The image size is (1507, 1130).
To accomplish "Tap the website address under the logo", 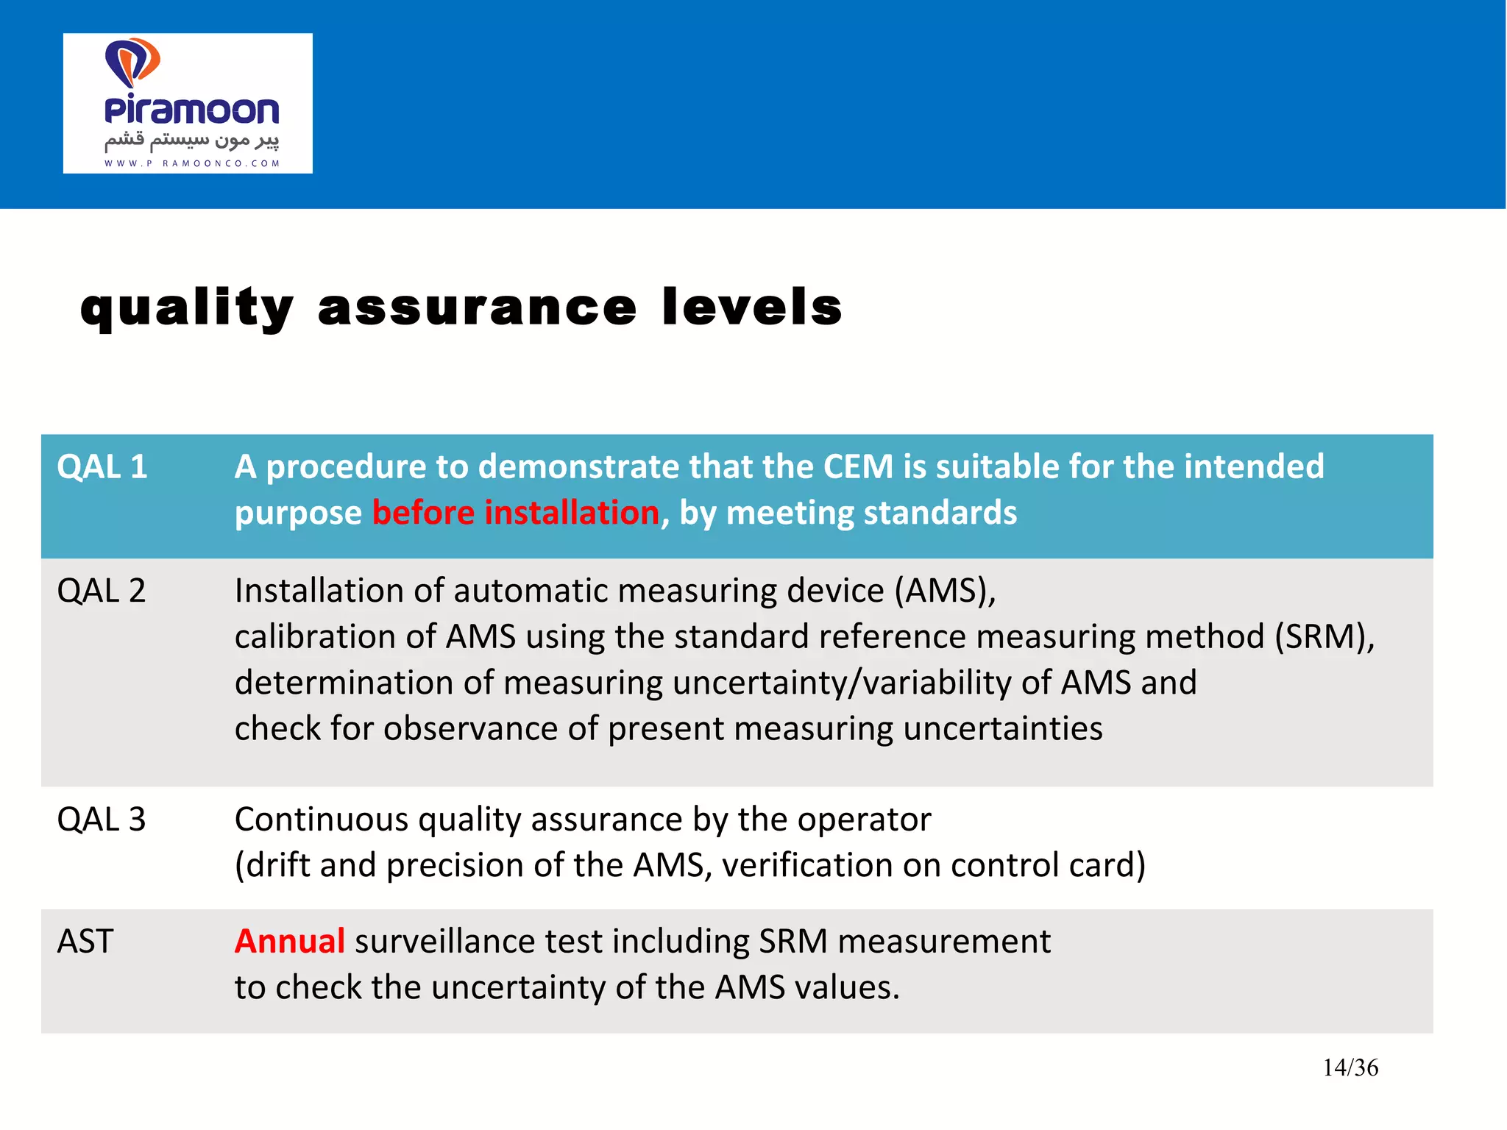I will (x=192, y=163).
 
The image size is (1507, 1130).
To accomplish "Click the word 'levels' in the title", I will (x=751, y=308).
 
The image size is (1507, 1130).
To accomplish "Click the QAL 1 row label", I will (x=102, y=467).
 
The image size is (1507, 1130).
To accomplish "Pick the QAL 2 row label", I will (x=102, y=591).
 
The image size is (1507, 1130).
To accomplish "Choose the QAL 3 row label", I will (x=102, y=820).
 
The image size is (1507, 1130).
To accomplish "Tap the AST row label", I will (x=85, y=942).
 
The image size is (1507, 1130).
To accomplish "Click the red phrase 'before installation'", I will (x=515, y=513).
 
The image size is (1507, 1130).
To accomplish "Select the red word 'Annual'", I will (x=289, y=942).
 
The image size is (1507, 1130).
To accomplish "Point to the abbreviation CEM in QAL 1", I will (x=857, y=467).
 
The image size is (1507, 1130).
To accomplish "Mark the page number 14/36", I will (x=1350, y=1067).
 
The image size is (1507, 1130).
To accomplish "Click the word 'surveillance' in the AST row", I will (x=478, y=942).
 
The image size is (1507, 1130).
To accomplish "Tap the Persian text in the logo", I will (x=192, y=140).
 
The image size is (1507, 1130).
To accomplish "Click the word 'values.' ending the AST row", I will (x=847, y=987).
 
